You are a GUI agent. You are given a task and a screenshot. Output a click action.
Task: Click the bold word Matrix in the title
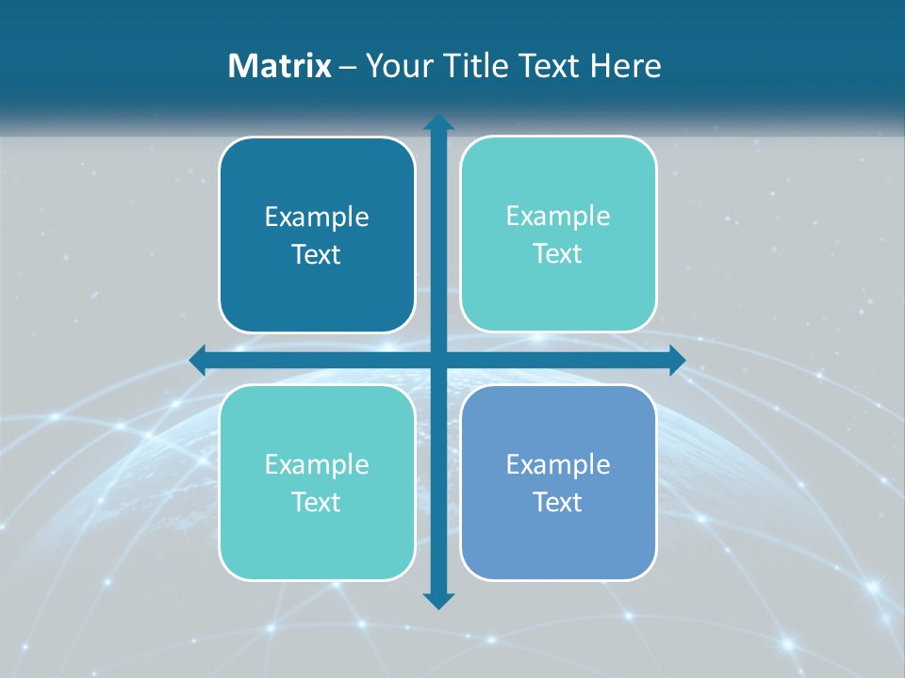(x=280, y=66)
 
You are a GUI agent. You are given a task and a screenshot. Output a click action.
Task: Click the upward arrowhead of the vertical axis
(x=438, y=123)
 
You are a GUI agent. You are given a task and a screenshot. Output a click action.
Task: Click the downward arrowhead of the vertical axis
(x=438, y=600)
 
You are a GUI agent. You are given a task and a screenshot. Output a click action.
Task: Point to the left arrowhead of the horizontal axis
(x=198, y=359)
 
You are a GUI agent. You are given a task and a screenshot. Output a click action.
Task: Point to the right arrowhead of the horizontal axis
(x=676, y=360)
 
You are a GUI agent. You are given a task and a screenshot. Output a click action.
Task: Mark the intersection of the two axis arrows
(x=438, y=360)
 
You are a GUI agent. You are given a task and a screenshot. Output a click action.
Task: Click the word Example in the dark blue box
(x=317, y=218)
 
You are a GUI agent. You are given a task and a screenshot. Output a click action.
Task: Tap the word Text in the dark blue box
(x=317, y=255)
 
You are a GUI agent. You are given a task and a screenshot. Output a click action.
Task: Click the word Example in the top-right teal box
(x=558, y=217)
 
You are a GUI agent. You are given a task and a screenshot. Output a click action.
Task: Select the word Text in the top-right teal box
(x=558, y=254)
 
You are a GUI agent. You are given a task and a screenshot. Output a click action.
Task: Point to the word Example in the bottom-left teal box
(x=317, y=464)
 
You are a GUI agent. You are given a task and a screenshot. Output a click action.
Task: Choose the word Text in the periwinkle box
(x=558, y=502)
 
